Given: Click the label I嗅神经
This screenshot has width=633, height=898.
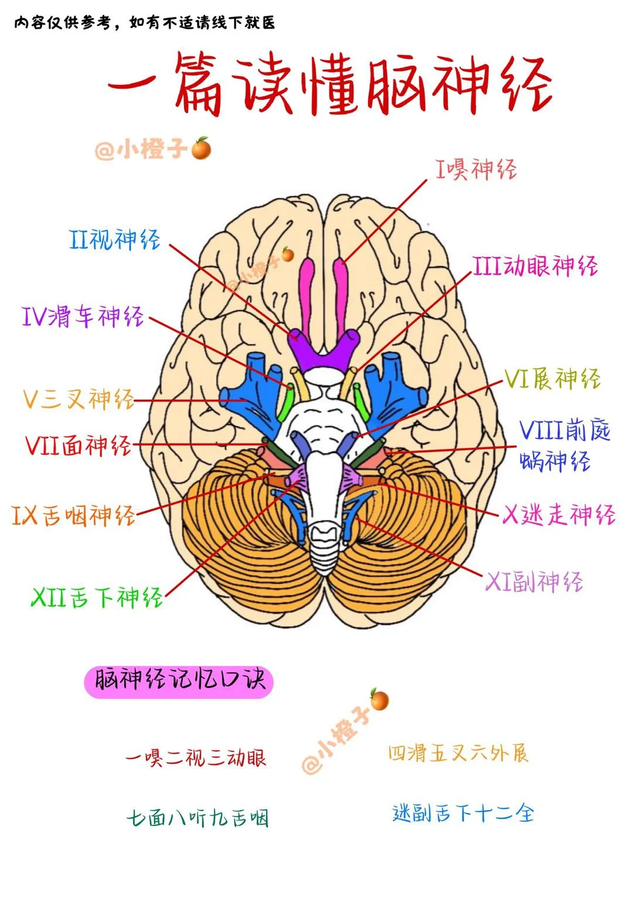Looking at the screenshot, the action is click(476, 169).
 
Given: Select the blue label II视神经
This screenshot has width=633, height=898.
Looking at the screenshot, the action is click(115, 239).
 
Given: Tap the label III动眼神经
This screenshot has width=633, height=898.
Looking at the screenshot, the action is click(535, 266).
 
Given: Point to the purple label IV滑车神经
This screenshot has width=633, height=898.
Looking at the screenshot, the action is click(83, 317).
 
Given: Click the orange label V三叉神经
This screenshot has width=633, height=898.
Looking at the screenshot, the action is click(79, 399).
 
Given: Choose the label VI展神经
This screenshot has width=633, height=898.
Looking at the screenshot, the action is click(552, 379).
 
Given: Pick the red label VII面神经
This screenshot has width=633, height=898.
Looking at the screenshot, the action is click(78, 445).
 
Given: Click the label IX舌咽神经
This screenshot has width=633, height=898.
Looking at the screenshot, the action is click(74, 515).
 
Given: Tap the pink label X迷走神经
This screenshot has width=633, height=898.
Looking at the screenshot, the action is click(559, 515).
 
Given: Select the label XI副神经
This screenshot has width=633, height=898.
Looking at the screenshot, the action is click(534, 582).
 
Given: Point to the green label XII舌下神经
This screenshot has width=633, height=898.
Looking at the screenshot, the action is click(97, 597).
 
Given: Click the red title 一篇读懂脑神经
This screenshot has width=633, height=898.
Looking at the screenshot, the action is click(329, 83).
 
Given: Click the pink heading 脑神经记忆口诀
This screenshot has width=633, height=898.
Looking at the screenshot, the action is click(179, 681).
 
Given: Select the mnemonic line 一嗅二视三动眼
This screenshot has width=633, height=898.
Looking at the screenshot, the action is click(196, 757).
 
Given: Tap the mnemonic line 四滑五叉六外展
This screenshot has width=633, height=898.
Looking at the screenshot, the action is click(458, 753).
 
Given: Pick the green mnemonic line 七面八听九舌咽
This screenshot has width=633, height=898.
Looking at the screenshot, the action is click(198, 818).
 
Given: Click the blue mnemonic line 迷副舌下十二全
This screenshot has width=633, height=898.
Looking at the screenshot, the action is click(463, 813).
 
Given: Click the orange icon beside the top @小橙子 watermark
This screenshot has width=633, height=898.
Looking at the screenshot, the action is click(201, 149).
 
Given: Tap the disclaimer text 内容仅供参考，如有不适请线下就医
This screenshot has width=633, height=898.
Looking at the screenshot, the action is click(144, 23).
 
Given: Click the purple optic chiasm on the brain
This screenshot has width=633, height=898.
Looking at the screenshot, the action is click(321, 353).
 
